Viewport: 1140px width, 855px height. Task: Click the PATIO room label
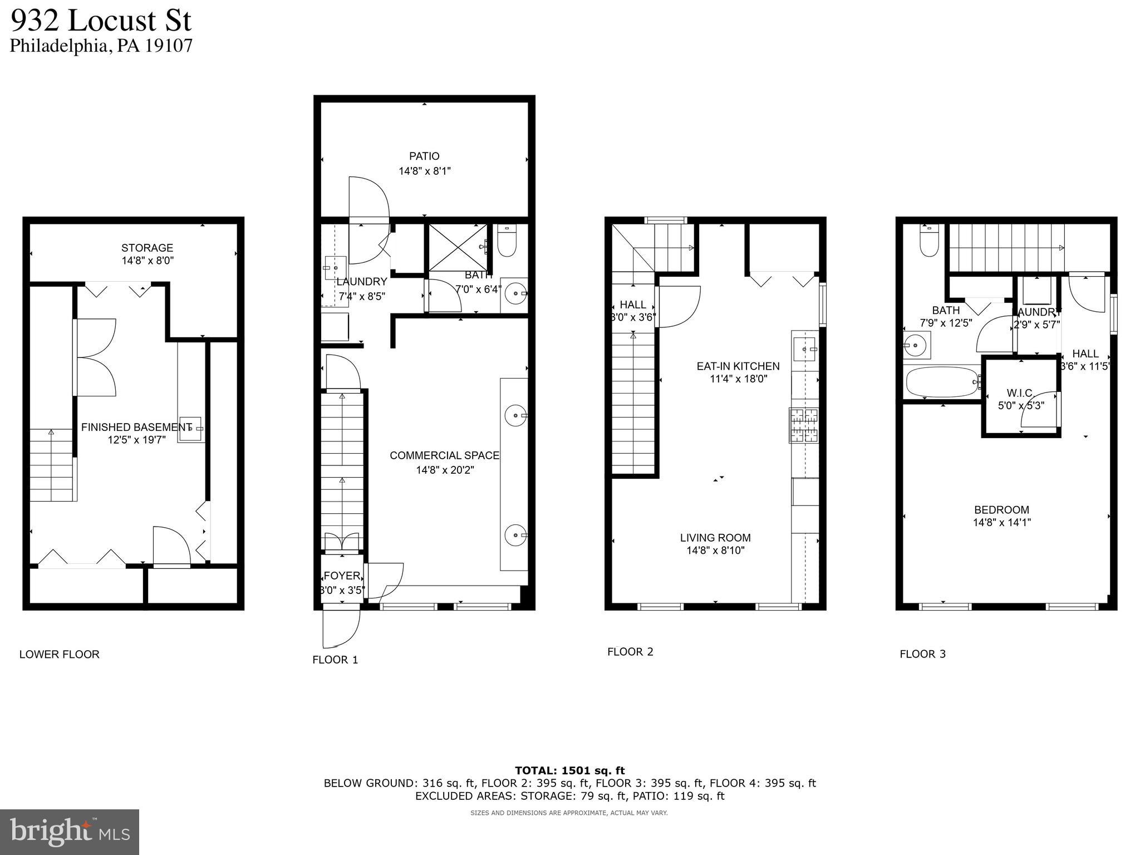pyautogui.click(x=424, y=156)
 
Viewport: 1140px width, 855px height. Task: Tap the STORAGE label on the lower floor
pyautogui.click(x=147, y=248)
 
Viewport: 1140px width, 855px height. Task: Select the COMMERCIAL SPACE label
pyautogui.click(x=444, y=455)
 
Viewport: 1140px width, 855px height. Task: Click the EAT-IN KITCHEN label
pyautogui.click(x=738, y=366)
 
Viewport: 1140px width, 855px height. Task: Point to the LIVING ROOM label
pyautogui.click(x=715, y=538)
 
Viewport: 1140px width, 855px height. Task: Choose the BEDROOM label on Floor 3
pyautogui.click(x=1001, y=510)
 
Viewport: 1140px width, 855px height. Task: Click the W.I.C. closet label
pyautogui.click(x=1020, y=393)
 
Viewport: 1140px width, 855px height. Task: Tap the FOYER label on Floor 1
pyautogui.click(x=341, y=576)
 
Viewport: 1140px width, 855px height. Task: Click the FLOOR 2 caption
pyautogui.click(x=630, y=652)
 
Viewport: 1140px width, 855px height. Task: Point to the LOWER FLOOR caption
pyautogui.click(x=60, y=655)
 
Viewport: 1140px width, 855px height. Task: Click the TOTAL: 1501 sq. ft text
pyautogui.click(x=569, y=770)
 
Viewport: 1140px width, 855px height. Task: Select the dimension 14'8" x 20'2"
pyautogui.click(x=445, y=470)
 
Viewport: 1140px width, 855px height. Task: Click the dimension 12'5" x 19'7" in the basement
pyautogui.click(x=136, y=440)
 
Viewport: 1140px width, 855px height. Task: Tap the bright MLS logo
pyautogui.click(x=70, y=832)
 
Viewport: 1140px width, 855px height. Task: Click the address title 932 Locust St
pyautogui.click(x=101, y=21)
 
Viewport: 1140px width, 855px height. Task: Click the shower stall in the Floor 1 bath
pyautogui.click(x=456, y=247)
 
